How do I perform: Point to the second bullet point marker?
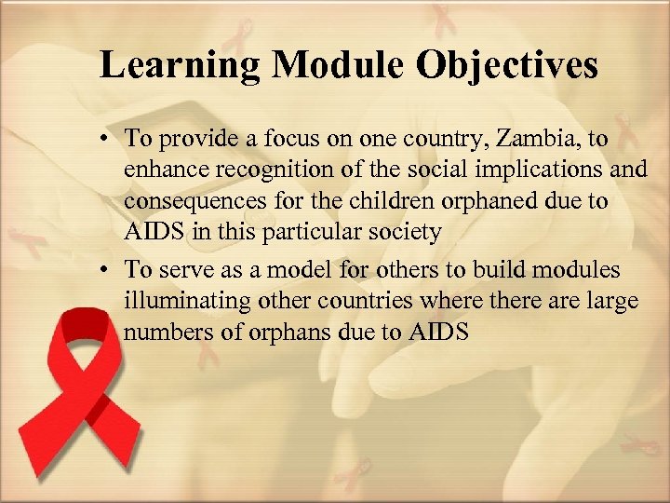pyautogui.click(x=109, y=271)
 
